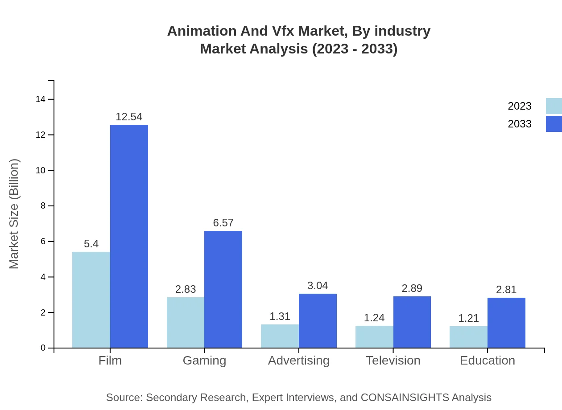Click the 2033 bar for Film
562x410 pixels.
pyautogui.click(x=129, y=236)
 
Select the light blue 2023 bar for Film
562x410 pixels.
pyautogui.click(x=91, y=299)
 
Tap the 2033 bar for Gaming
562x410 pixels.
pyautogui.click(x=223, y=289)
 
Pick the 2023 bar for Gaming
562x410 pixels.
pyautogui.click(x=186, y=322)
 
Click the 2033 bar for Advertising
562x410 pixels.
pyautogui.click(x=318, y=320)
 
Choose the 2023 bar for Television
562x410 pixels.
pyautogui.click(x=374, y=336)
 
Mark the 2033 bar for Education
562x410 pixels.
pyautogui.click(x=506, y=323)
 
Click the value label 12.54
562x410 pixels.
pyautogui.click(x=129, y=117)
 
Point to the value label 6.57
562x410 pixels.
pyautogui.click(x=223, y=223)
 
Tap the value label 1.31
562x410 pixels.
pyautogui.click(x=280, y=316)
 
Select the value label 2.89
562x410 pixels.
pyautogui.click(x=412, y=288)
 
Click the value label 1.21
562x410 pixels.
pyautogui.click(x=468, y=318)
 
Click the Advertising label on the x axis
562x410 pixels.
pyautogui.click(x=299, y=360)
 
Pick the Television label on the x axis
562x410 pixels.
pyautogui.click(x=393, y=360)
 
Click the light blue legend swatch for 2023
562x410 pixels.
pyautogui.click(x=554, y=106)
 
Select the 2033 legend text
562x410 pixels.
pyautogui.click(x=520, y=124)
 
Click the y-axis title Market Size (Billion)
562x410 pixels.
pyautogui.click(x=14, y=214)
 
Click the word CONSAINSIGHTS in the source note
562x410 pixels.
pyautogui.click(x=405, y=397)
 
